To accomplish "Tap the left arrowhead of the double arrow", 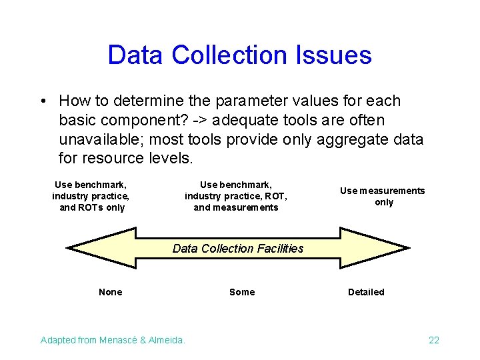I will click(x=100, y=247).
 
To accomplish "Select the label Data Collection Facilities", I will click(x=238, y=249).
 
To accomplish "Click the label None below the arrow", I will click(x=110, y=292).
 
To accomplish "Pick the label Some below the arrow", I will click(x=242, y=292).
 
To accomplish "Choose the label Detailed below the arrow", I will click(x=366, y=292).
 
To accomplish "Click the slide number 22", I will click(x=434, y=340).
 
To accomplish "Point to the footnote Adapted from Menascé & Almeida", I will click(x=113, y=340).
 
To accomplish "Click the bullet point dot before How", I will click(x=42, y=101).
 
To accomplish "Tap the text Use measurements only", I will click(x=383, y=196).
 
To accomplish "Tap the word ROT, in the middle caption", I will click(x=275, y=196).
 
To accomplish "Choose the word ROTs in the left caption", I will click(x=92, y=207).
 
